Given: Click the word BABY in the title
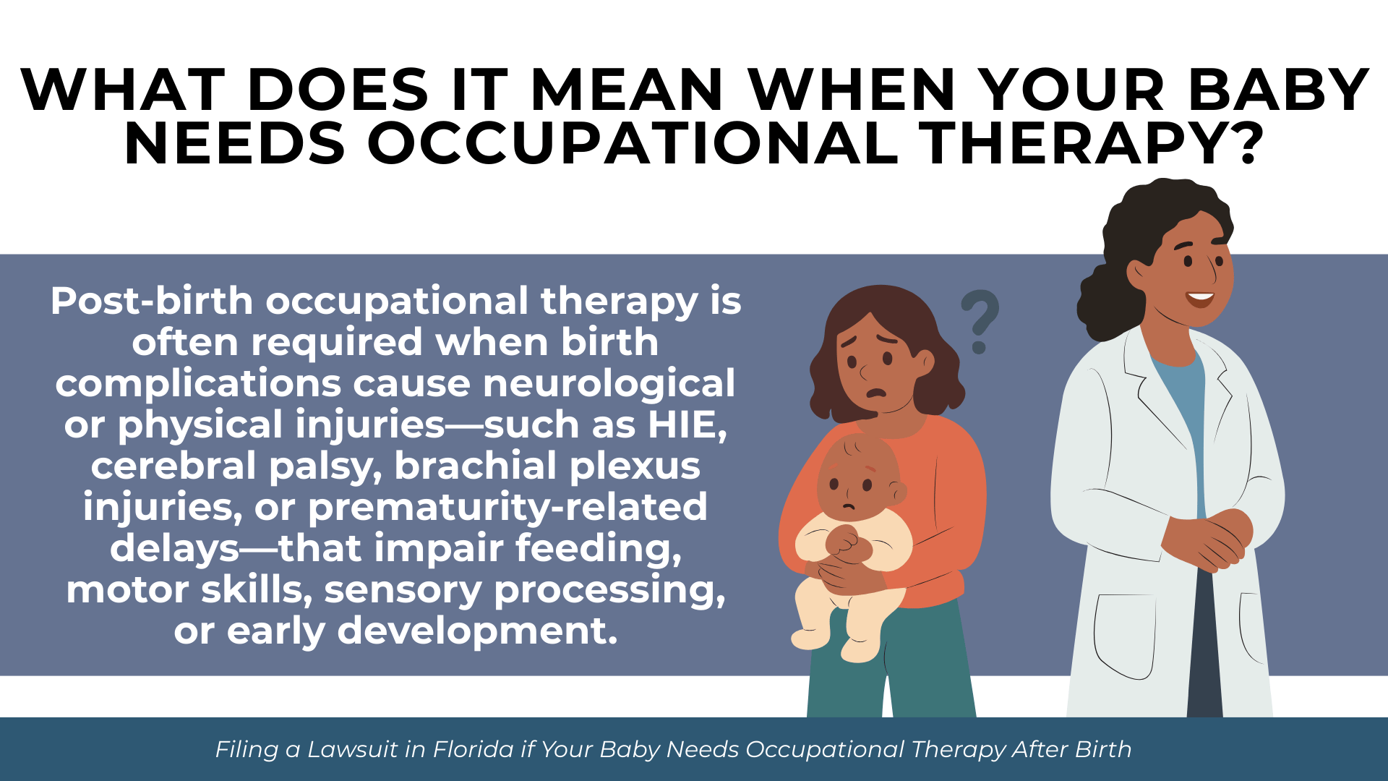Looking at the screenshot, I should (x=1278, y=90).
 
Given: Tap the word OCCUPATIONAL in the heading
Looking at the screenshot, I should (x=633, y=143).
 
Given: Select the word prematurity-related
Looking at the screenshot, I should (x=507, y=507).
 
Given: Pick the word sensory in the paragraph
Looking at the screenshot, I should (x=403, y=590).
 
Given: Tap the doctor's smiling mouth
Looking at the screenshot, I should (x=1200, y=297).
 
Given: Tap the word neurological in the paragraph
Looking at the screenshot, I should (x=609, y=383).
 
